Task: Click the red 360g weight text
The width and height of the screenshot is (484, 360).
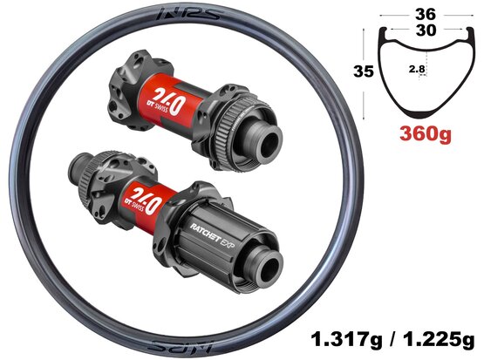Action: (426, 134)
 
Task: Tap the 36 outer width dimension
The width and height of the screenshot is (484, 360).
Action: (426, 14)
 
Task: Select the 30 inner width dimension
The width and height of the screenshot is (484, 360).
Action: (426, 31)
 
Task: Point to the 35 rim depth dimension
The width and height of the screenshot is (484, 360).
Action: (364, 71)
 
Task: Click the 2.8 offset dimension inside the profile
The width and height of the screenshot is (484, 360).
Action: (417, 70)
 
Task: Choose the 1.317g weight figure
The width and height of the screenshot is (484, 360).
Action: (346, 340)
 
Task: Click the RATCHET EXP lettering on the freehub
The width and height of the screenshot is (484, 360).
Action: (213, 234)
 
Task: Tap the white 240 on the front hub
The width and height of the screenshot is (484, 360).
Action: (166, 99)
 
